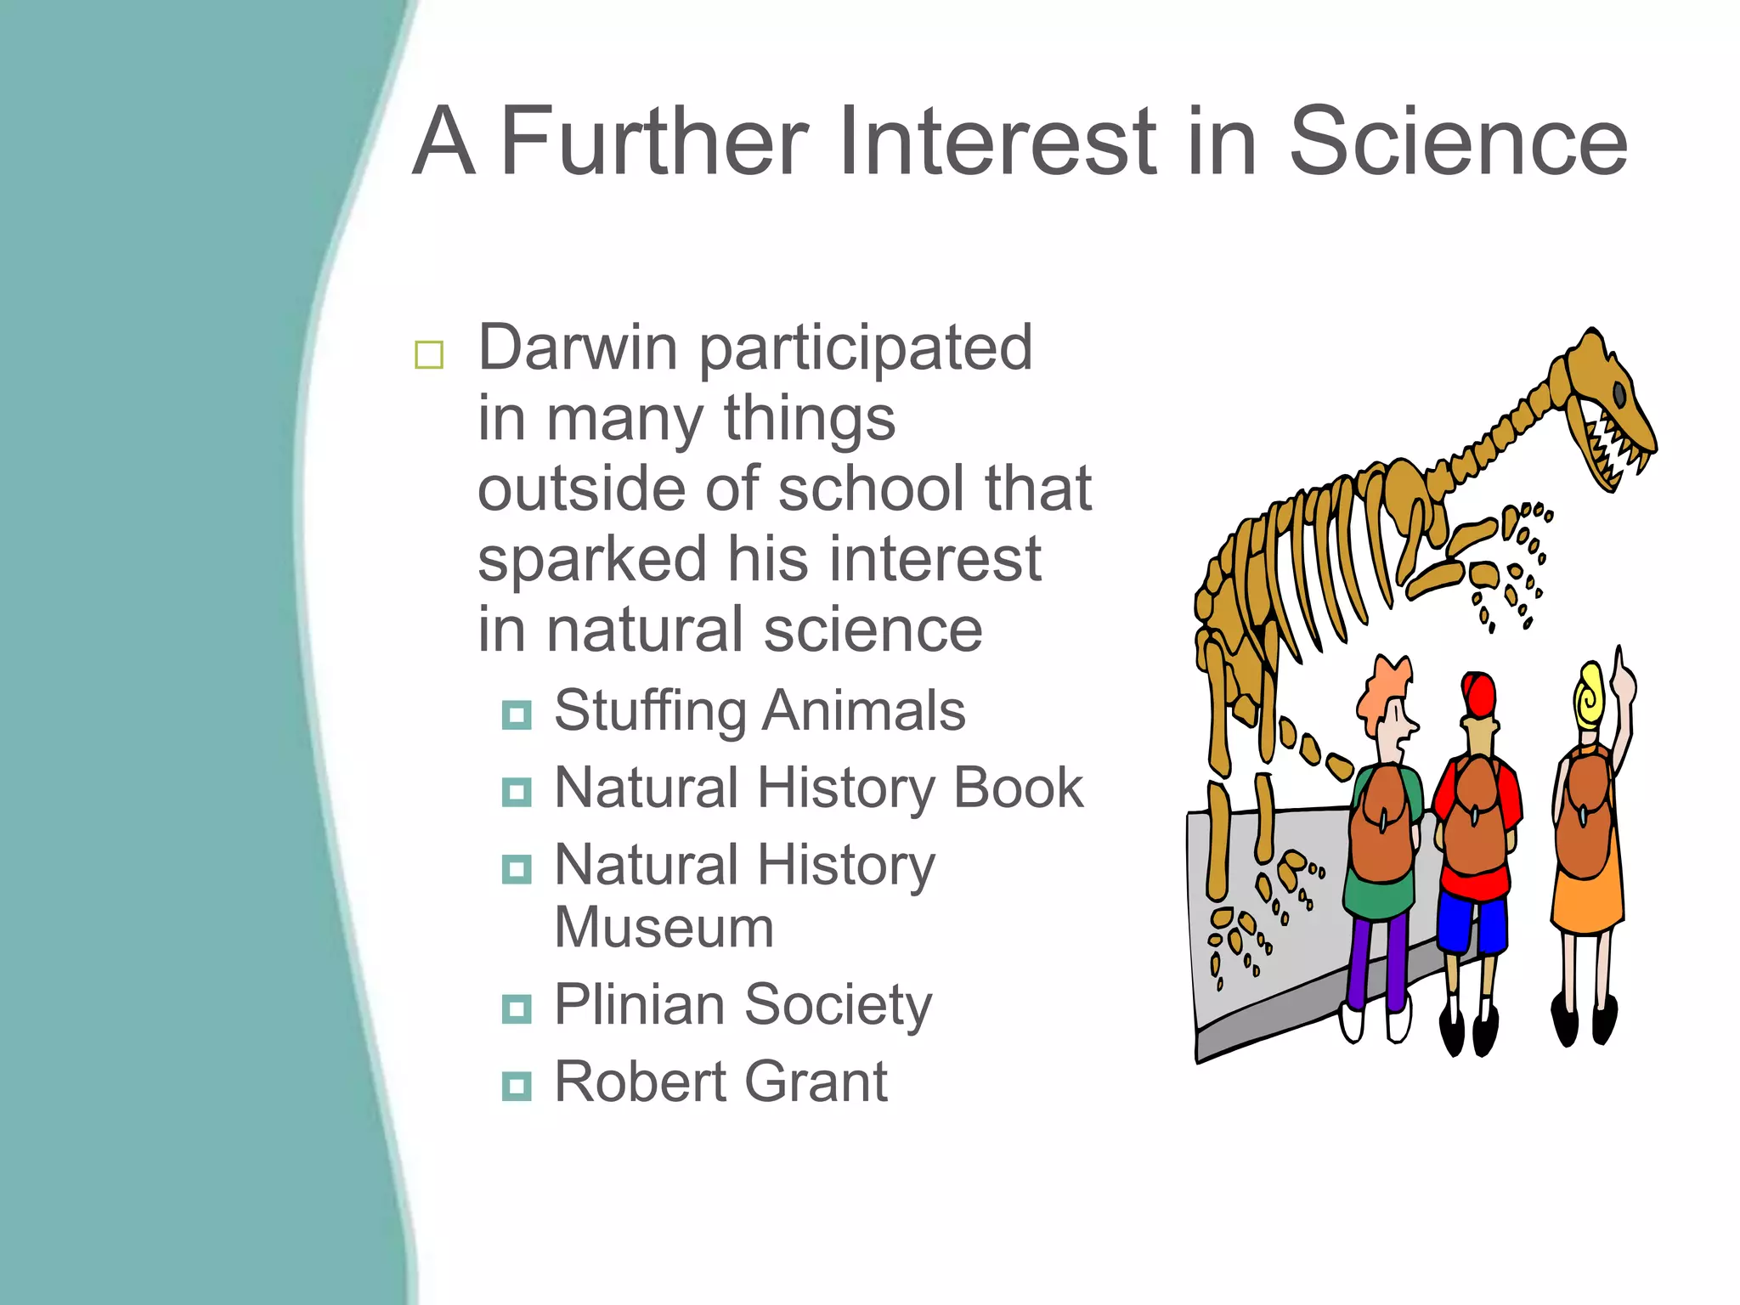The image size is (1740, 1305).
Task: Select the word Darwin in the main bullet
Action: pyautogui.click(x=578, y=347)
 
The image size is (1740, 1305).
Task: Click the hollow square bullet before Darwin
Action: pyautogui.click(x=429, y=354)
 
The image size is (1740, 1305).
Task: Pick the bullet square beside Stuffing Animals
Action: pyautogui.click(x=517, y=715)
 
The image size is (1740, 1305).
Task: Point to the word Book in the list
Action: pyautogui.click(x=1018, y=788)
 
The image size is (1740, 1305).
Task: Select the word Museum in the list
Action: pyautogui.click(x=664, y=927)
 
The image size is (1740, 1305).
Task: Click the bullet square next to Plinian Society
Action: pyautogui.click(x=517, y=1008)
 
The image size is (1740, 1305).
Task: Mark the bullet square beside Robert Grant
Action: pyautogui.click(x=517, y=1086)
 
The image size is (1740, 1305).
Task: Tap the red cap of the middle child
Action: pyautogui.click(x=1479, y=695)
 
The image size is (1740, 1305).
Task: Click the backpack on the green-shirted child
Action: pyautogui.click(x=1381, y=824)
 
